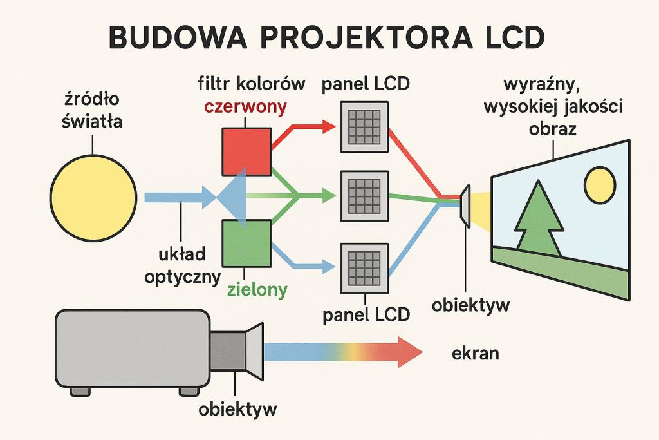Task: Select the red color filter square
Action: pos(246,151)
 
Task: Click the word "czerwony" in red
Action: pos(245,107)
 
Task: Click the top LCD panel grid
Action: pos(364,128)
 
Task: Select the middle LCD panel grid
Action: pos(364,195)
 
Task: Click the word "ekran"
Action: pos(476,354)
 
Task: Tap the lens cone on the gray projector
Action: pos(255,351)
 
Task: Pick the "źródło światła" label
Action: pos(92,111)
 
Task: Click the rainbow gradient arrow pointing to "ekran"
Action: pos(341,352)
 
